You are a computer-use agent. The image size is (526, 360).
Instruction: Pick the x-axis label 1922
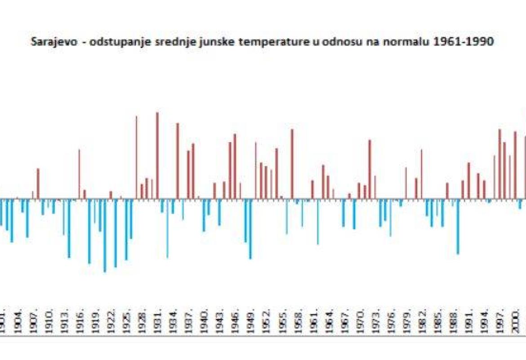click(x=112, y=320)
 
